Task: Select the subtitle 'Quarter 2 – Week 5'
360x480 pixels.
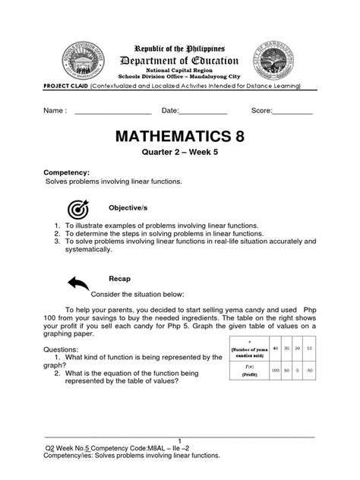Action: coord(179,161)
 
